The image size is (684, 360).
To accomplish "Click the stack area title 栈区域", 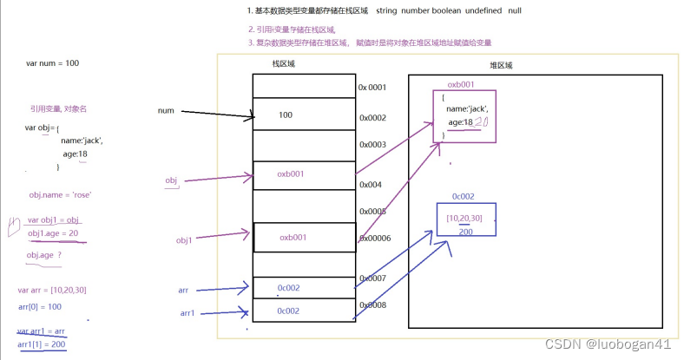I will tap(285, 63).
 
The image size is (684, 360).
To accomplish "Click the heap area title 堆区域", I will tap(502, 65).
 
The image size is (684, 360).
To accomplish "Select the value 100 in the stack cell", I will tap(286, 115).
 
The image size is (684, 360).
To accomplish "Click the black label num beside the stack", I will tap(167, 111).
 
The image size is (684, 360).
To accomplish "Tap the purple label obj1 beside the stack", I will tap(184, 239).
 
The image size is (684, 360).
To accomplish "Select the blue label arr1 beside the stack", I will tap(187, 312).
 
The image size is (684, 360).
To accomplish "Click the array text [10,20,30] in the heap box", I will tap(464, 217).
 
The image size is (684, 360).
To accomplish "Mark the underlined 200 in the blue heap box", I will tap(465, 232).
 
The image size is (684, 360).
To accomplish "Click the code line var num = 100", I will tap(52, 63).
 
